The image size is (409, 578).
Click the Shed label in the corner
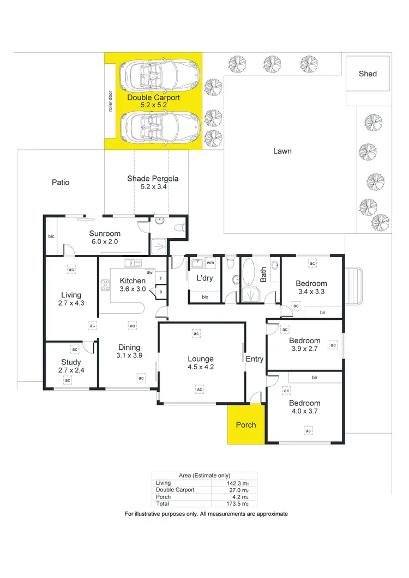coord(368,74)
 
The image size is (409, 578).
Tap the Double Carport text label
coord(153,98)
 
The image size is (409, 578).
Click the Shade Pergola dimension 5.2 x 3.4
coord(153,187)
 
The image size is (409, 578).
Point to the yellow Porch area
coord(245,424)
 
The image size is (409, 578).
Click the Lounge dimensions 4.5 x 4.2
coord(200,368)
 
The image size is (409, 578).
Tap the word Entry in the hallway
coord(255,359)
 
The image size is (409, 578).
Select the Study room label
coord(71,362)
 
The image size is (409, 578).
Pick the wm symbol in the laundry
coord(210,263)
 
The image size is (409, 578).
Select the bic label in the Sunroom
coord(51,236)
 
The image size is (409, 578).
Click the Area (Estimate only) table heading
coord(204,475)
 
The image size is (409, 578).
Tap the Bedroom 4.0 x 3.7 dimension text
coord(305,411)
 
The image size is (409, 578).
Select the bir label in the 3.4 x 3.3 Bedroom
coord(323,312)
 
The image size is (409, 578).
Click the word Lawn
coord(282,151)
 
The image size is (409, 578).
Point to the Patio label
coord(61,182)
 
